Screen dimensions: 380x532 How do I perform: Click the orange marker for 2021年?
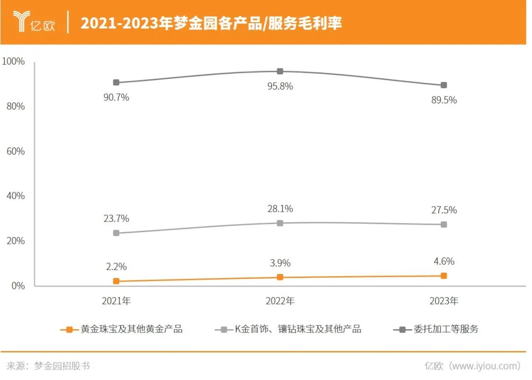(x=116, y=281)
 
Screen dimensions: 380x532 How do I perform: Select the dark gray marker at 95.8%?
(x=280, y=71)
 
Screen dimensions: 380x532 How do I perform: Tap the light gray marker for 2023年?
(x=444, y=225)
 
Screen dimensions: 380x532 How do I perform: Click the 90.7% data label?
(x=116, y=98)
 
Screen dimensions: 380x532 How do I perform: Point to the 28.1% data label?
(x=280, y=209)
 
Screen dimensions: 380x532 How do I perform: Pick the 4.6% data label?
(x=444, y=262)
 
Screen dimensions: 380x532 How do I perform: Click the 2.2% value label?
(x=116, y=267)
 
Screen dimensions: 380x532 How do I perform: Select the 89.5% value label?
(x=444, y=100)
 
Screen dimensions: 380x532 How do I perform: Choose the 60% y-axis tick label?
(x=15, y=151)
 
